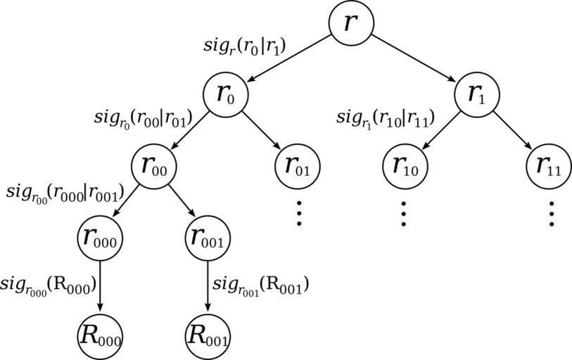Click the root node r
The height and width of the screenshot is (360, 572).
point(351,22)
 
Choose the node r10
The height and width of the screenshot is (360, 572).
point(404,166)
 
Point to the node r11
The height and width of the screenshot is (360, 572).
point(548,166)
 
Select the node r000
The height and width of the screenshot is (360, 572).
point(99,238)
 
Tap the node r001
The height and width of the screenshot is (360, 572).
point(208,238)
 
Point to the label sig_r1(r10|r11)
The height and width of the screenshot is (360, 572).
point(384,118)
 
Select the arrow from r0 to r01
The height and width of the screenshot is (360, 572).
point(262,131)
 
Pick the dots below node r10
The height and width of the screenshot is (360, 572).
point(404,213)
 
